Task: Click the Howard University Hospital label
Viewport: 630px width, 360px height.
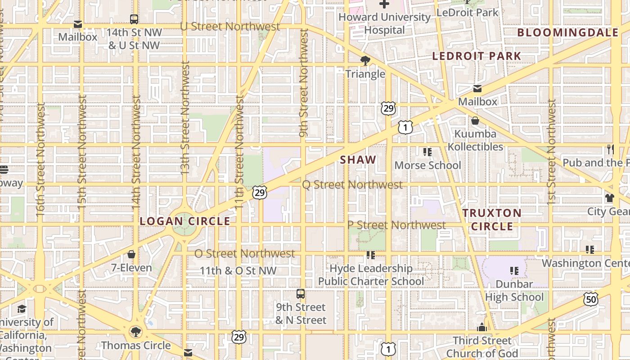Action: coord(384,23)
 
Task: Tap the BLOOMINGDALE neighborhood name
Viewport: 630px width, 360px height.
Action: coord(568,32)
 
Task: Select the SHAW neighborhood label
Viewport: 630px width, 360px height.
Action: coord(358,160)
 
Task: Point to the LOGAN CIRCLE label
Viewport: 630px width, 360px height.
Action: coord(185,221)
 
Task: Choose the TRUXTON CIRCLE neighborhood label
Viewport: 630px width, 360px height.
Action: coord(492,220)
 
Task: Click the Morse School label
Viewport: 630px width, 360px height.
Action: coord(427,165)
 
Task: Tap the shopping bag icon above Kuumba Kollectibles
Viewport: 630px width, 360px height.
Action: coord(475,121)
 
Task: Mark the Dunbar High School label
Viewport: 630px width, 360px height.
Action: coord(514,290)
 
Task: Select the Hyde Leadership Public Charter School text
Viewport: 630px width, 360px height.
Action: coord(371,275)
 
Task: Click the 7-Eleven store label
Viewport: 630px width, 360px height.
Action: coord(131,268)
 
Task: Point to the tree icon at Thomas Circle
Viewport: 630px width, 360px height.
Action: coord(135,332)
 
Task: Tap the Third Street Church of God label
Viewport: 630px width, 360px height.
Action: coord(482,346)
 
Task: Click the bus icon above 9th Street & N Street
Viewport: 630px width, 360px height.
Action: coord(301,294)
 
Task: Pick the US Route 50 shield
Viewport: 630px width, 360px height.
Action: coord(591,299)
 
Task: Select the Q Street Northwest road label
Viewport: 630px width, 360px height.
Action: coord(352,184)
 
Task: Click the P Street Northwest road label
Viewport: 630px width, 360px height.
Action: coord(396,225)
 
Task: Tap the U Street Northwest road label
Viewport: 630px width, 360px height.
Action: coord(230,27)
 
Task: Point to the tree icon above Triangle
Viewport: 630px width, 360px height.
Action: coord(365,61)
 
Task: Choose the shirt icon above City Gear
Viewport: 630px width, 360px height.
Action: coord(610,198)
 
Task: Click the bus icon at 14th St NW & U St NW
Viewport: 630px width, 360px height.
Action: coord(134,19)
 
